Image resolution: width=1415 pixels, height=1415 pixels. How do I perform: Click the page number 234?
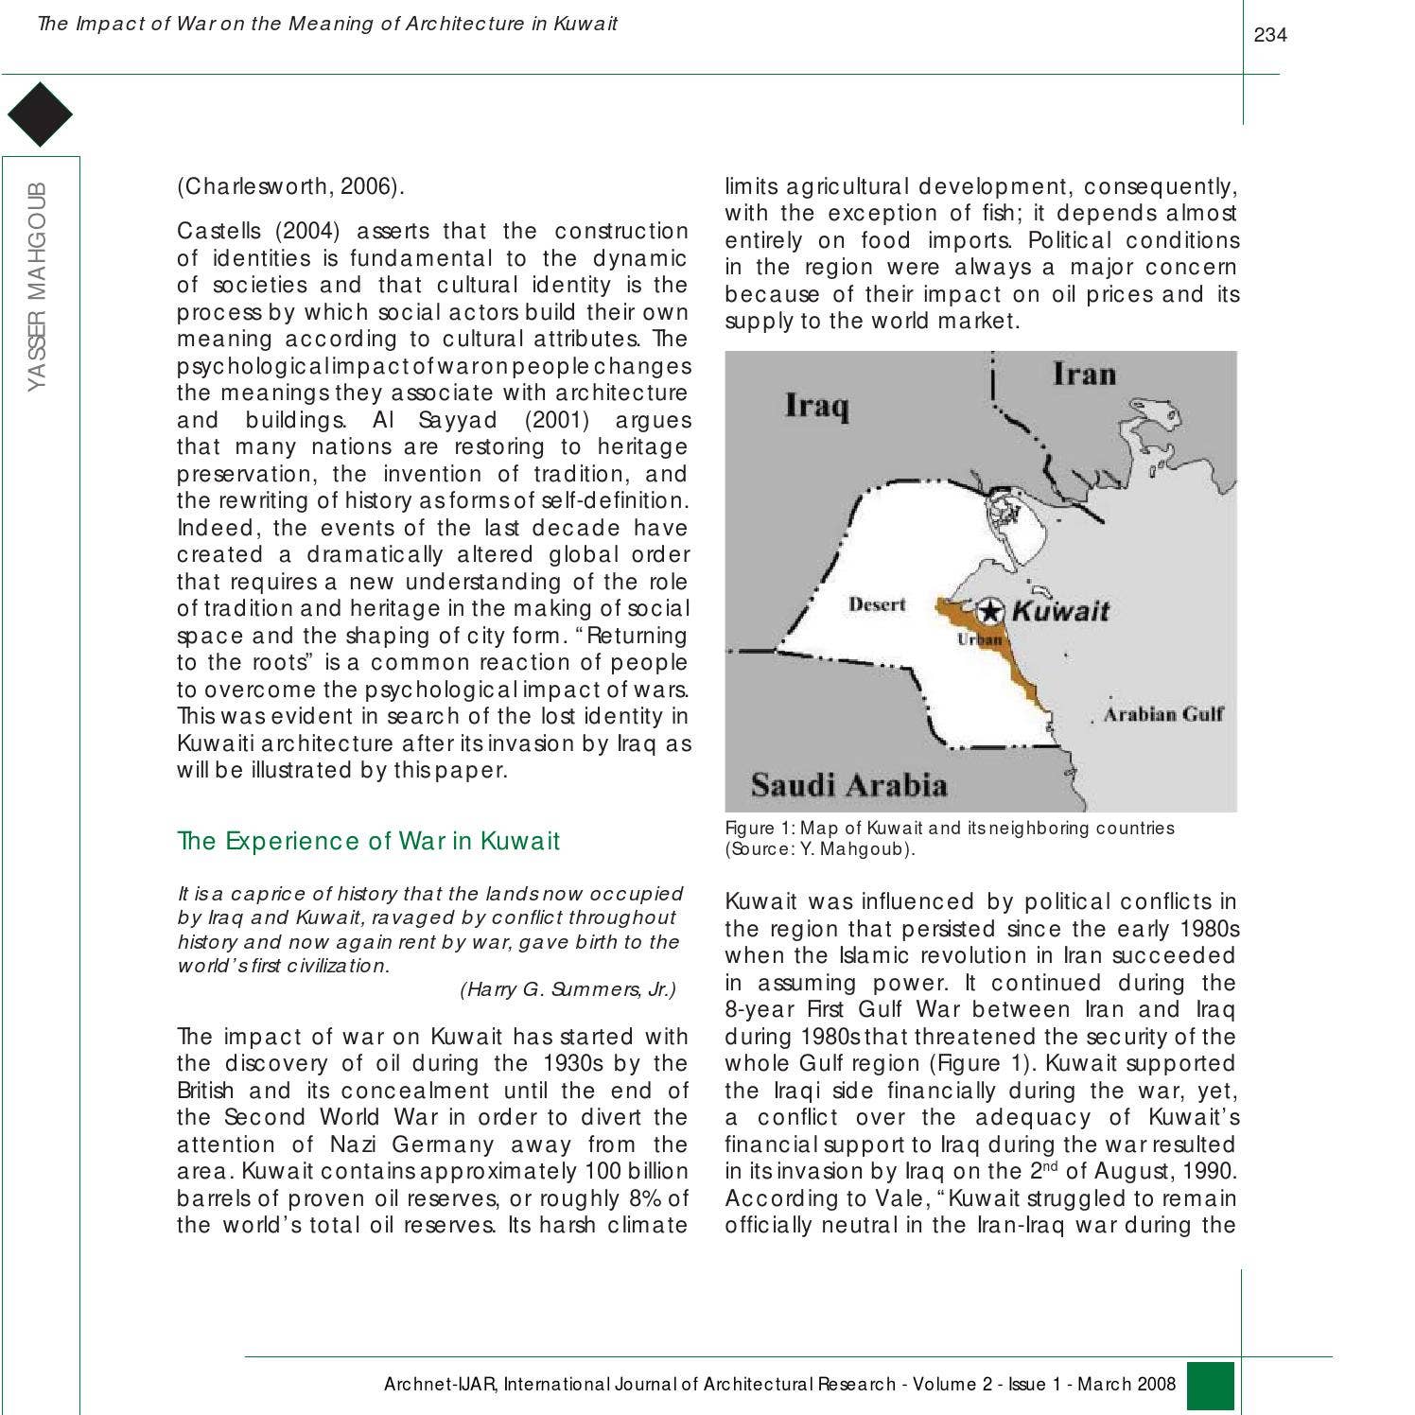1269,36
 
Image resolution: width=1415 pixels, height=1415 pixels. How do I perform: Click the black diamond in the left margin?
40,114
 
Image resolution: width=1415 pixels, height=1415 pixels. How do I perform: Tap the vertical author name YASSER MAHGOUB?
37,285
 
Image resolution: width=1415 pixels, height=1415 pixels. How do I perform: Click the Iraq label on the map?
816,407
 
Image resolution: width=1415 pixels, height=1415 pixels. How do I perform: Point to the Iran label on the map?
1084,374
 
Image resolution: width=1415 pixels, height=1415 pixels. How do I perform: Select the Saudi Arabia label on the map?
848,785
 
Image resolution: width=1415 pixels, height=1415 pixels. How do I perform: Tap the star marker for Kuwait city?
989,610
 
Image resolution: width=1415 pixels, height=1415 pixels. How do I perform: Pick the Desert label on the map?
876,604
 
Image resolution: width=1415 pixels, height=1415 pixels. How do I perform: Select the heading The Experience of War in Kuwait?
368,841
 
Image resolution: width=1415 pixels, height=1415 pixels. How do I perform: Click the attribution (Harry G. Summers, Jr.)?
568,990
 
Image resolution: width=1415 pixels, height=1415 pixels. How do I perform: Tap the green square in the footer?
1210,1386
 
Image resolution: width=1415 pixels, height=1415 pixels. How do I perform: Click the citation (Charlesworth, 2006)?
290,186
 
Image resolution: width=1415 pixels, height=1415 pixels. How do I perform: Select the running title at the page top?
326,24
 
